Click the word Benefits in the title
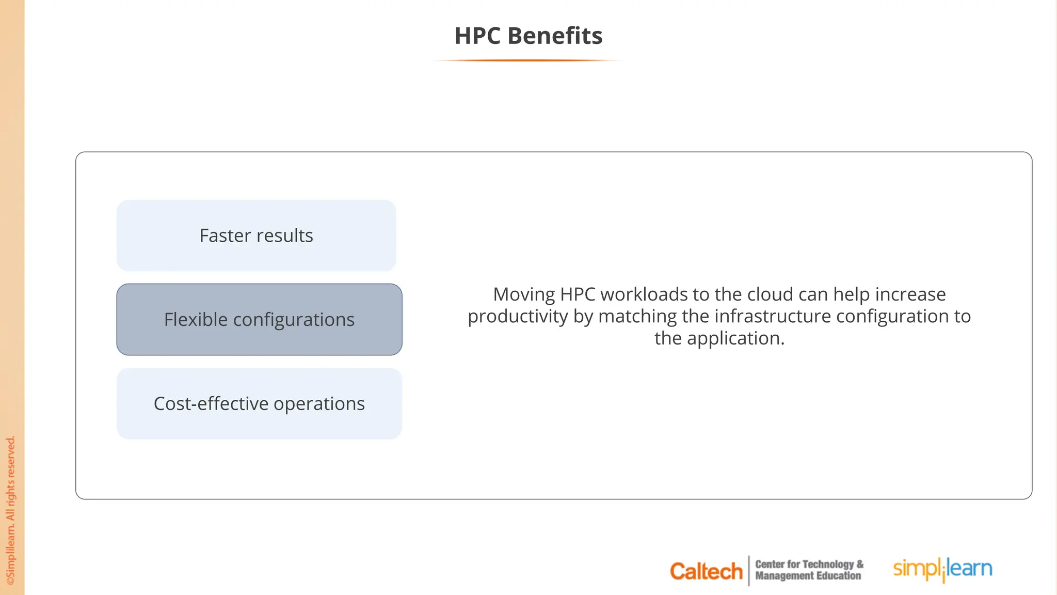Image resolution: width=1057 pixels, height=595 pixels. (x=555, y=36)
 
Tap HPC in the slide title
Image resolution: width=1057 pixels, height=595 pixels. (x=477, y=36)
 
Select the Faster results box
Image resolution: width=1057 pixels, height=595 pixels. (x=257, y=236)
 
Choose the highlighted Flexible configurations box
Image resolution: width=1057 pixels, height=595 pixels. (x=259, y=319)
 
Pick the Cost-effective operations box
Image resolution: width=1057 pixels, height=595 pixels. (x=259, y=403)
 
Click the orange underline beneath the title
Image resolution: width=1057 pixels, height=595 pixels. (x=528, y=60)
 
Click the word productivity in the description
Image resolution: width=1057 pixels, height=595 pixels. (x=518, y=316)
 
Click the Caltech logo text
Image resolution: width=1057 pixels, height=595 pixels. (x=706, y=571)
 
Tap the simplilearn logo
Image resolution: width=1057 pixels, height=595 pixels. (x=942, y=569)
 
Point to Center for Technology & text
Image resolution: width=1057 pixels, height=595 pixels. (x=809, y=564)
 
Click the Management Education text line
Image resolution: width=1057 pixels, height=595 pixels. (x=808, y=576)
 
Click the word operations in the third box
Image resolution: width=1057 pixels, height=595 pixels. (x=319, y=403)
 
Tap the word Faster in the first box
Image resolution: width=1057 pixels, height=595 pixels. (x=225, y=236)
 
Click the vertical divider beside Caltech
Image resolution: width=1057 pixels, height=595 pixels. (x=749, y=571)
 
